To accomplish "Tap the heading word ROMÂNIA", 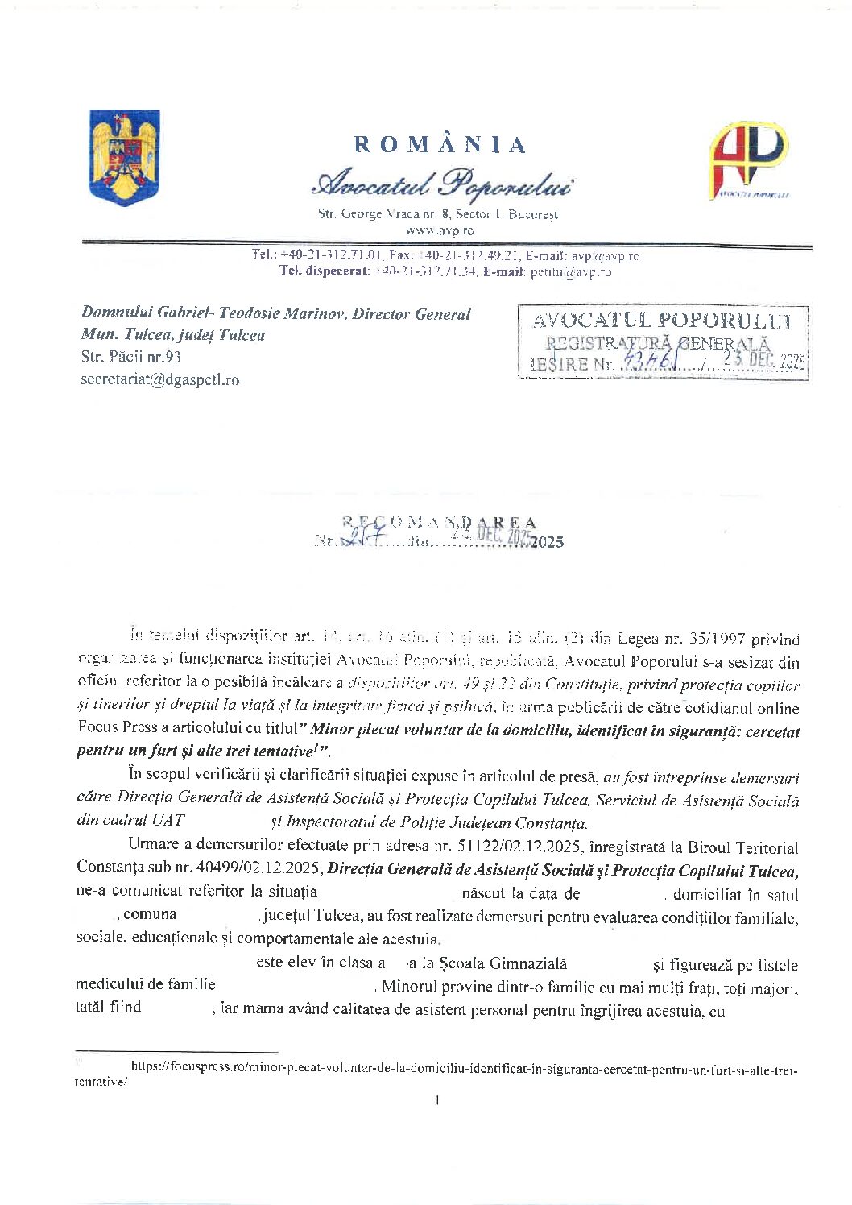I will pyautogui.click(x=440, y=145).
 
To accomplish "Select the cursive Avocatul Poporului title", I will pyautogui.click(x=441, y=184).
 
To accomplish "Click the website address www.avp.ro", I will pyautogui.click(x=440, y=230).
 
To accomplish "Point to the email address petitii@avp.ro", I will pyautogui.click(x=571, y=271).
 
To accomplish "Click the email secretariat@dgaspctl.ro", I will pyautogui.click(x=159, y=379).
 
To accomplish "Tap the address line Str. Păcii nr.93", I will pyautogui.click(x=131, y=356).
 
